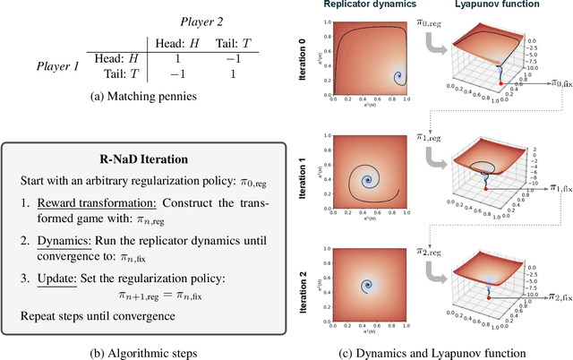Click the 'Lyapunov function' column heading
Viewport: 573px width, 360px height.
(x=499, y=6)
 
